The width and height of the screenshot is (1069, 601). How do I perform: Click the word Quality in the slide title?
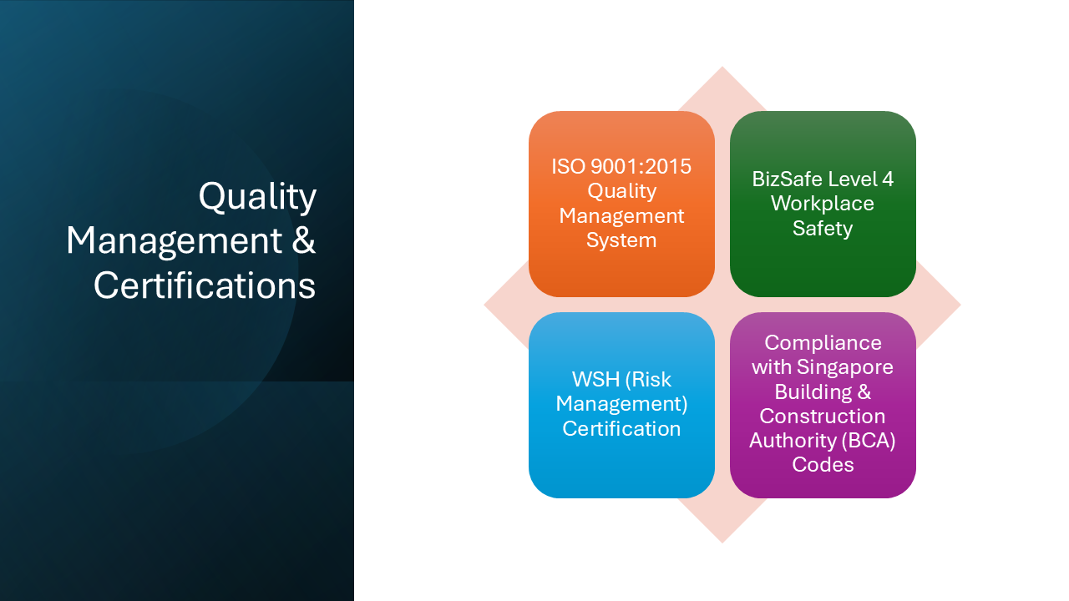click(x=257, y=197)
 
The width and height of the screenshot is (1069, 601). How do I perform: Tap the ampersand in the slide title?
click(x=304, y=241)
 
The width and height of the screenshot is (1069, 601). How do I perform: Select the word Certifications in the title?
click(x=205, y=285)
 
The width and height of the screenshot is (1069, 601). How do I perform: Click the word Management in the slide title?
click(x=174, y=241)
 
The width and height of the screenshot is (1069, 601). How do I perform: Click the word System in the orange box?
click(x=621, y=240)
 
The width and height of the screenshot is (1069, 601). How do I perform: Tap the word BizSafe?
click(x=788, y=179)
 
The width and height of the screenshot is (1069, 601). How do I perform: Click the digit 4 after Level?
click(x=887, y=179)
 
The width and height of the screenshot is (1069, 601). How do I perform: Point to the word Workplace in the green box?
click(x=823, y=204)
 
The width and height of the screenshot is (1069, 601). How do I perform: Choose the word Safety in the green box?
click(x=823, y=228)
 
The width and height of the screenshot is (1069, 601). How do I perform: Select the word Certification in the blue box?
click(x=621, y=428)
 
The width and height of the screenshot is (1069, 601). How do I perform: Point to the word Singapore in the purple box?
click(x=845, y=367)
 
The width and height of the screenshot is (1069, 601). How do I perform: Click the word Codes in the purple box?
click(x=823, y=465)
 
